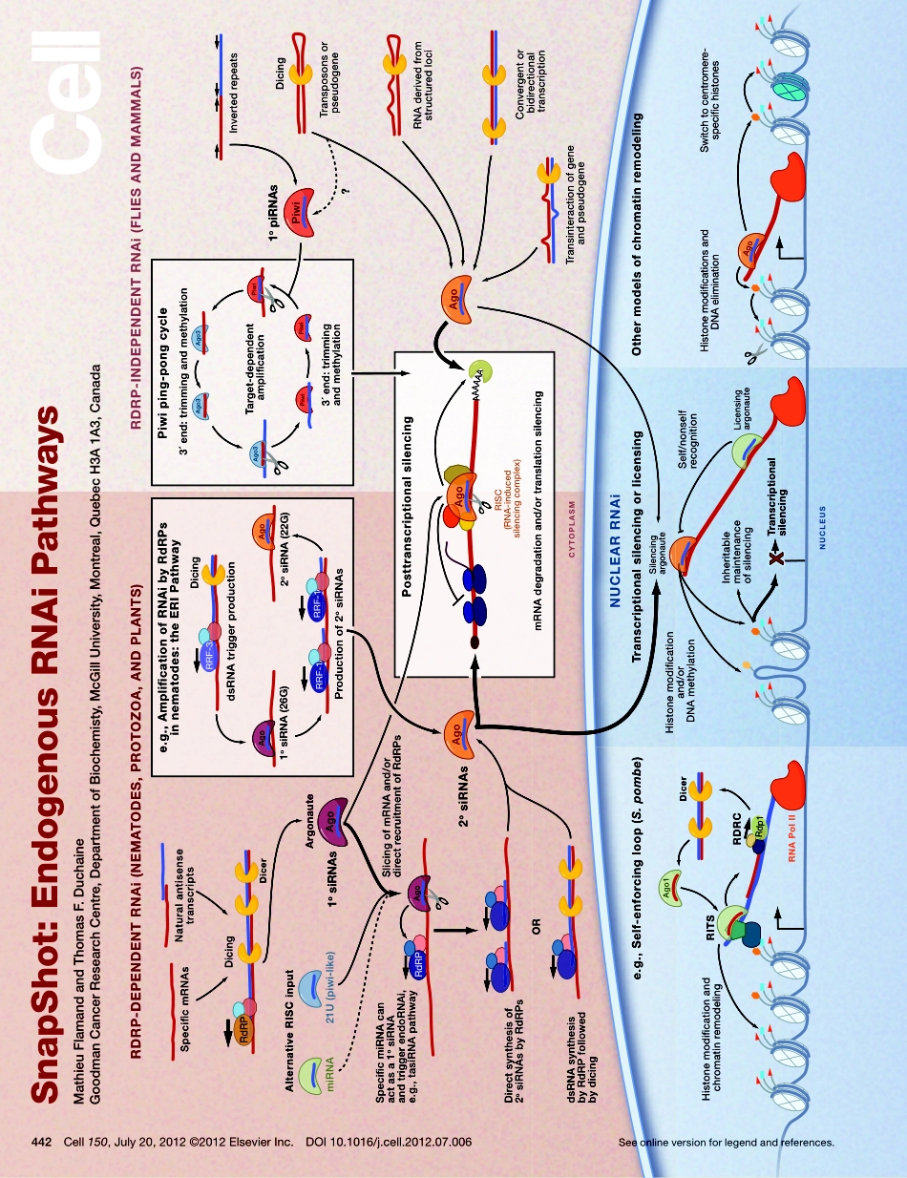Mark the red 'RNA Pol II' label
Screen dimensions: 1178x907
click(x=792, y=831)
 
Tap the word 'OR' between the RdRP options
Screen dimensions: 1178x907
click(x=538, y=926)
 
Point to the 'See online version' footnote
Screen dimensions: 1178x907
click(x=727, y=1142)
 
